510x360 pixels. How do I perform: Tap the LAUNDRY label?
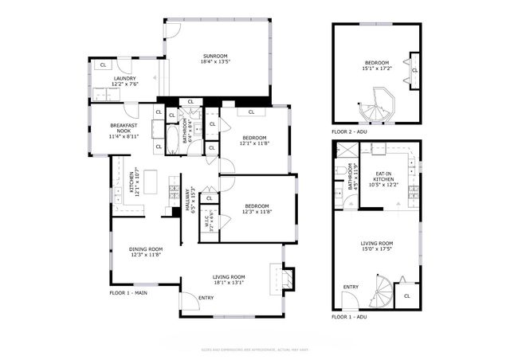pos(124,79)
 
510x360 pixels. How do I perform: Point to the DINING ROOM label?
pos(145,248)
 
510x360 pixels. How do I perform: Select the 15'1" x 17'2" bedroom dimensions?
pos(377,68)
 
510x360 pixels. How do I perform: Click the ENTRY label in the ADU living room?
pos(351,287)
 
